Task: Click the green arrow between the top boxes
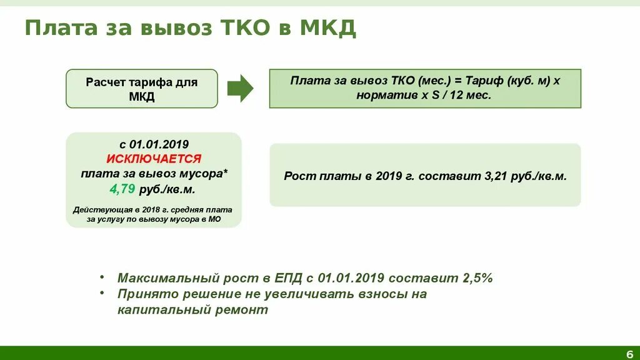240,88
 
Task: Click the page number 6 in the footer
629,353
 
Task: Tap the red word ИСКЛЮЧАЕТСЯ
154,159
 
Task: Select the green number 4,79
122,189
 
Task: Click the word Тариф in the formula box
486,81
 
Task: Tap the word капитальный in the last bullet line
154,309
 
